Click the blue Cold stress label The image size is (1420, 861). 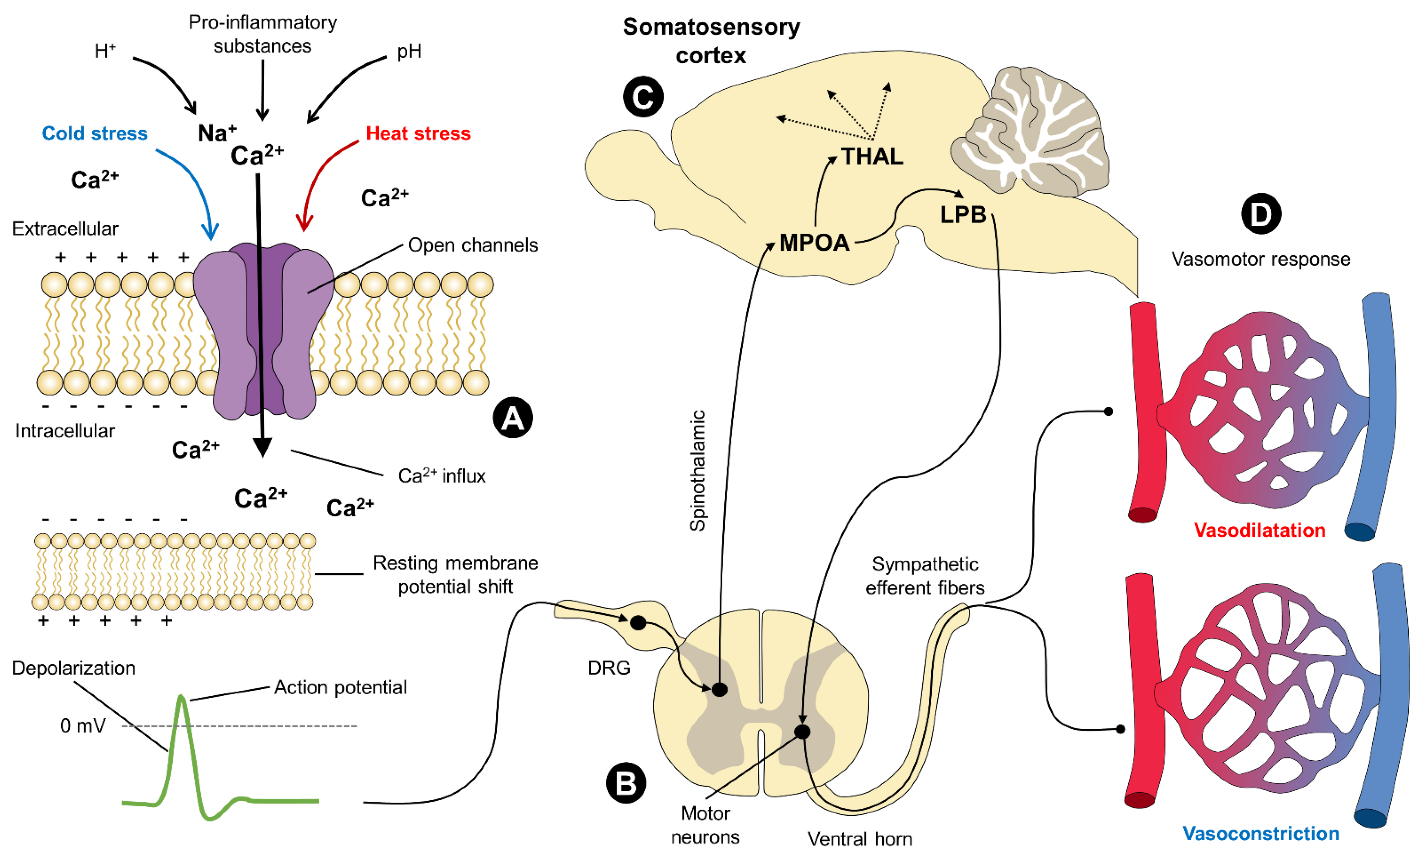[95, 133]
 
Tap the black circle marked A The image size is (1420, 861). [512, 417]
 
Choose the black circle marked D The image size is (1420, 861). [1260, 214]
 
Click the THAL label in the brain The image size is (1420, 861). [872, 157]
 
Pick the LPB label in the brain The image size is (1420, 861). [963, 215]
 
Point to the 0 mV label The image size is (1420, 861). [83, 725]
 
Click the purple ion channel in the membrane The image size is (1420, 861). [263, 331]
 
